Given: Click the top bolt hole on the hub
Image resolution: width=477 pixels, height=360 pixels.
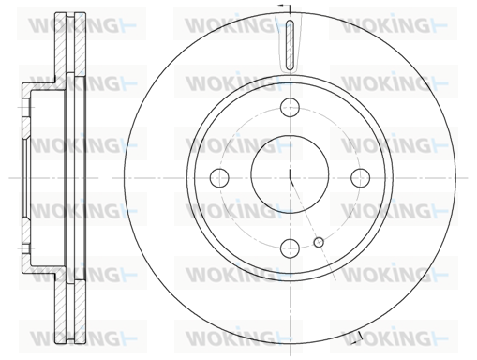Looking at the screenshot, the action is pos(291,108).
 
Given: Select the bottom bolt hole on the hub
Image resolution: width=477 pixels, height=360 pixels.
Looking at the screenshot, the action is pos(291,248).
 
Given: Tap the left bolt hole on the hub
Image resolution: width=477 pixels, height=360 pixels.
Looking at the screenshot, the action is pos(219,178).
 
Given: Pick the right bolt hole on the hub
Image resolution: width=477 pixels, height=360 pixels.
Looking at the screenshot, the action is pos(361,178).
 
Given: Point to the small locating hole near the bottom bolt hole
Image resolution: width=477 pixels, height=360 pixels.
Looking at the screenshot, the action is pos(319,242).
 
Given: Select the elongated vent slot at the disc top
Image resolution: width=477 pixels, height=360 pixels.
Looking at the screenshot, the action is pos(291,44).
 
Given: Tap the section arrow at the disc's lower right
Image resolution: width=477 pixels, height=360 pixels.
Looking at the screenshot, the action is pos(357,339).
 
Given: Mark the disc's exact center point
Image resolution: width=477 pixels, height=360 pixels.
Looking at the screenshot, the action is pos(291,178).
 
